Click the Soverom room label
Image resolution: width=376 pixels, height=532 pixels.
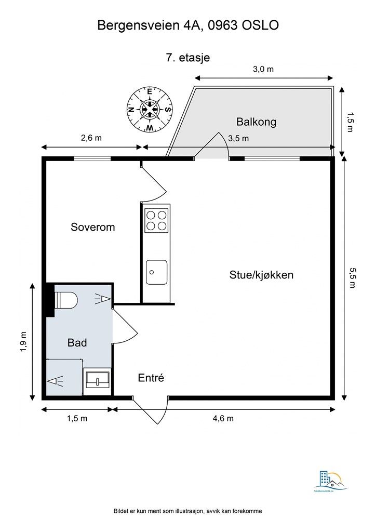92,227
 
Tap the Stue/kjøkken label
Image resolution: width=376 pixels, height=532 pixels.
261,275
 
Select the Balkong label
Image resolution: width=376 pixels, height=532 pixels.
256,122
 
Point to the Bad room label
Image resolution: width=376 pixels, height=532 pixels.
77,343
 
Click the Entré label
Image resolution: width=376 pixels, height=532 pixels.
151,378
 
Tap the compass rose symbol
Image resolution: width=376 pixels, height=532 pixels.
150,110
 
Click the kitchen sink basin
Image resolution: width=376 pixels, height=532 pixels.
156,272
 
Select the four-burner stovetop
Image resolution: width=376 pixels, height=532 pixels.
156,220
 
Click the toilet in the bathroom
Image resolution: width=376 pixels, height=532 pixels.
66,300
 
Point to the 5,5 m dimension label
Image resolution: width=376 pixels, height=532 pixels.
353,280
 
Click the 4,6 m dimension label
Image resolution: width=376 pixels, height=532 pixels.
223,419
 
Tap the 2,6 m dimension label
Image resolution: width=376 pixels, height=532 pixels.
91,138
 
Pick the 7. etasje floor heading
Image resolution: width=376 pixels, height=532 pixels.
187,58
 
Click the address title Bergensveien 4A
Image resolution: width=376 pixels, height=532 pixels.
187,25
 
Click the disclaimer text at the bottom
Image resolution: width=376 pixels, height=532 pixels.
187,511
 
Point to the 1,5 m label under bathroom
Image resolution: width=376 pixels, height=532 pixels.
76,419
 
